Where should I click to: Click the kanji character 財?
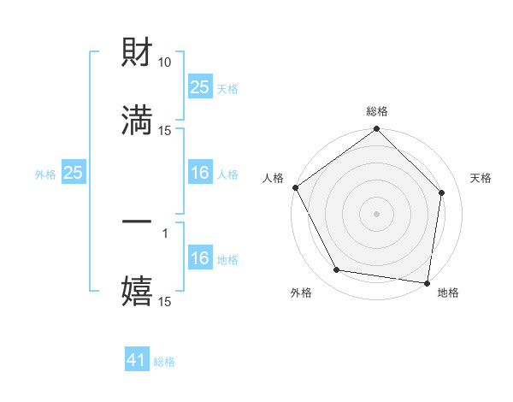(x=137, y=52)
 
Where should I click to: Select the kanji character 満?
(x=137, y=120)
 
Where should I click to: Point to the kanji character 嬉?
(x=137, y=291)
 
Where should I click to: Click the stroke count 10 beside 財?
(x=165, y=62)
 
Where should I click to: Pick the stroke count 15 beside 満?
(x=165, y=130)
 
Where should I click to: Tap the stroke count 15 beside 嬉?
(x=165, y=301)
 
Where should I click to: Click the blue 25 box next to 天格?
(x=199, y=87)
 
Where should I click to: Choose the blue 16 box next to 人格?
(x=199, y=174)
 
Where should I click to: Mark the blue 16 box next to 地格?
(x=199, y=259)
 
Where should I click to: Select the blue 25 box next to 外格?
(x=74, y=174)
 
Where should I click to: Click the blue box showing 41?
(x=137, y=361)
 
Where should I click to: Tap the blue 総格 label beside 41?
(x=164, y=362)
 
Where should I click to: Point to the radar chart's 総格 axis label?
(x=377, y=111)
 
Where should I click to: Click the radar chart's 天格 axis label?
(x=481, y=178)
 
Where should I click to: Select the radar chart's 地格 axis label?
(x=448, y=293)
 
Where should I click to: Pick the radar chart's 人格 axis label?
(x=273, y=178)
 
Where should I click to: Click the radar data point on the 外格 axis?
(x=337, y=270)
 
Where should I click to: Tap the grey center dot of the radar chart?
(x=377, y=213)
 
